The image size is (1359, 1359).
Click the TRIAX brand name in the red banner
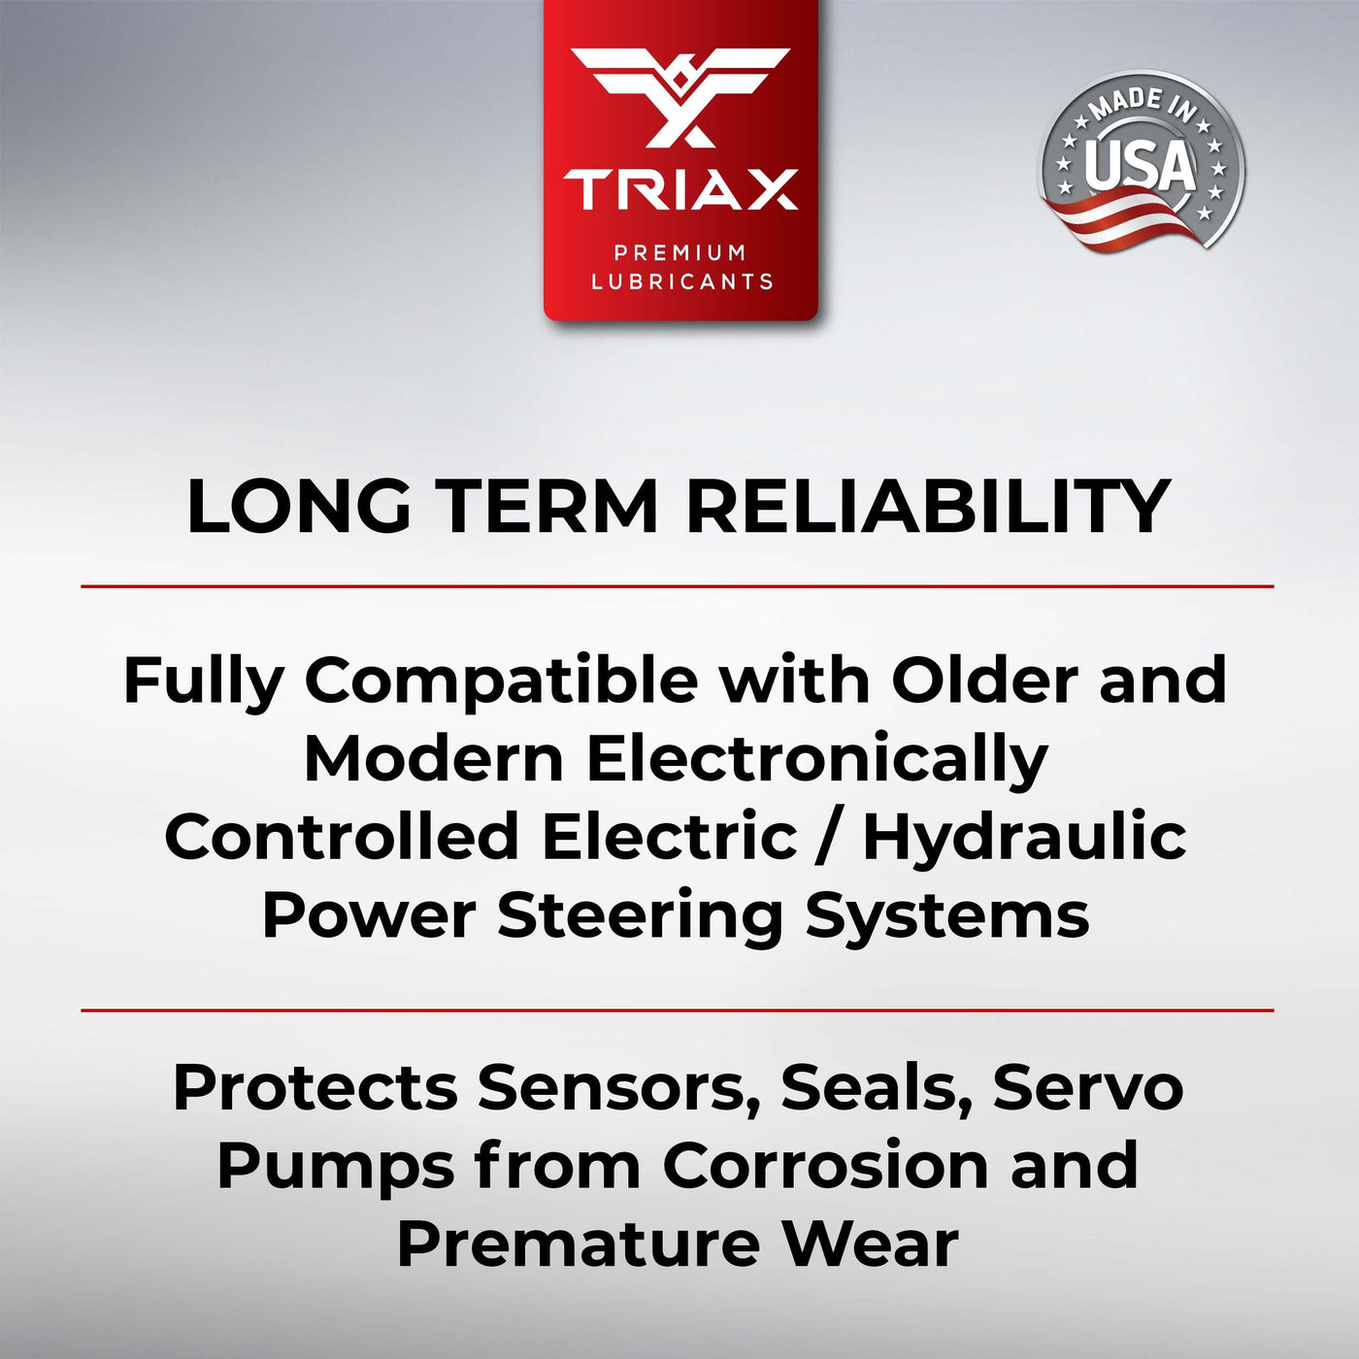pos(679,188)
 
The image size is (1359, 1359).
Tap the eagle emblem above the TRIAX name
pos(679,97)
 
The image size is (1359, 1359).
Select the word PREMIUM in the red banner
pos(679,251)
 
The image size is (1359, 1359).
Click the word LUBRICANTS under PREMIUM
pos(681,282)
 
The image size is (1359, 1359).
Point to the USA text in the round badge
pos(1141,165)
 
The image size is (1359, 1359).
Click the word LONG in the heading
pos(299,507)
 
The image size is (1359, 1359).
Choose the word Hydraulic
pos(1025,840)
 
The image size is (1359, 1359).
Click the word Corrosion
pos(824,1167)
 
